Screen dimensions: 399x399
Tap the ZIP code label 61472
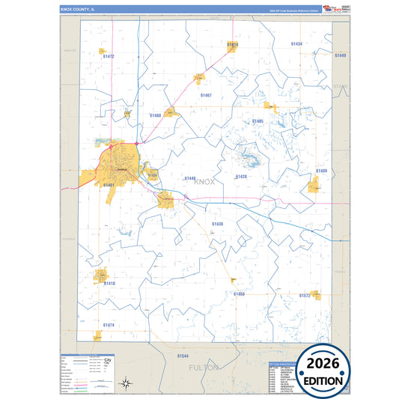[108, 56]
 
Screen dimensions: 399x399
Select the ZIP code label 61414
[233, 45]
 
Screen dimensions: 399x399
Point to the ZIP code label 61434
[296, 44]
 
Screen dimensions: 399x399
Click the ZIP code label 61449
[341, 55]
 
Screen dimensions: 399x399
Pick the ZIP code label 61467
[206, 95]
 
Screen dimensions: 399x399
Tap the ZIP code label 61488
[155, 115]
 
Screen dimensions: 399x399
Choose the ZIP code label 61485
[258, 121]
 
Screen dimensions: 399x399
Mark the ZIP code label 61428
[240, 176]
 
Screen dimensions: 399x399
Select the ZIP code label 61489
[321, 171]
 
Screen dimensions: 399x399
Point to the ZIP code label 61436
[217, 224]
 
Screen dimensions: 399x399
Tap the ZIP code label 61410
[109, 284]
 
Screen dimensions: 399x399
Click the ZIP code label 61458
[239, 294]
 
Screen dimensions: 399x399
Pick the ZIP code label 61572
[305, 296]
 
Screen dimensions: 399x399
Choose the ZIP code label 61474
[109, 325]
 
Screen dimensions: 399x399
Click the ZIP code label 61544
[183, 356]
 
